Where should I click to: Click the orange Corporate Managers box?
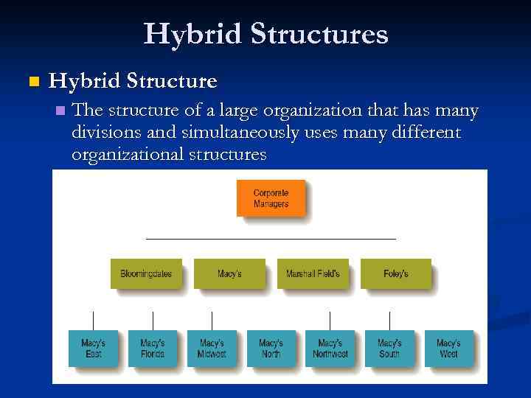pos(271,198)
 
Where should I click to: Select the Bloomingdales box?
pos(146,273)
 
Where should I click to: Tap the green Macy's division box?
pos(229,273)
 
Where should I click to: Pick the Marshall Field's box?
pos(313,273)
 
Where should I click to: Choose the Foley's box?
pos(395,273)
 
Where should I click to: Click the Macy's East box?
pos(93,349)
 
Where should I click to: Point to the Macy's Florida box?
pos(153,349)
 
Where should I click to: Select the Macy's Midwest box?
pos(212,349)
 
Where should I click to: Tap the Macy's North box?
pos(271,349)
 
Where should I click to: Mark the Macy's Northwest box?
pos(330,349)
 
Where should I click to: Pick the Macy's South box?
pos(389,349)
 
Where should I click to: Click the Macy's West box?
pos(448,349)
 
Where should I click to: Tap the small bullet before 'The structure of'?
pos(60,112)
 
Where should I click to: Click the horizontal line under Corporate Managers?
pos(271,239)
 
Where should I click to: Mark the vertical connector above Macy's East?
pos(93,320)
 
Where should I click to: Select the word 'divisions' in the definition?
pos(107,133)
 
